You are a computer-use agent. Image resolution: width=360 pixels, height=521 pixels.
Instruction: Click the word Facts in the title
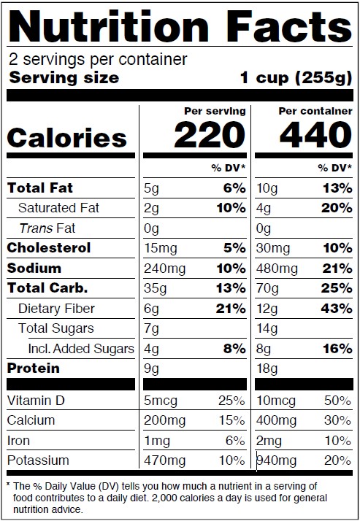point(290,26)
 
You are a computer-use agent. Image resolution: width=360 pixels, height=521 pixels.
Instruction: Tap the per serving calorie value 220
point(210,134)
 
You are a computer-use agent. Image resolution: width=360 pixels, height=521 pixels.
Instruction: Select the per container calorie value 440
point(315,134)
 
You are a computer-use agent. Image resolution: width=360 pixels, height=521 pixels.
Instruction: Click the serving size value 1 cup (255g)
point(296,78)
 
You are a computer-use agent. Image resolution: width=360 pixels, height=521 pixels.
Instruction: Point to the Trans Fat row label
point(47,228)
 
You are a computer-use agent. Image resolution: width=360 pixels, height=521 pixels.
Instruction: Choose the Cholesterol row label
point(48,248)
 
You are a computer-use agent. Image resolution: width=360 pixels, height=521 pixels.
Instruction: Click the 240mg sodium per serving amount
point(164,269)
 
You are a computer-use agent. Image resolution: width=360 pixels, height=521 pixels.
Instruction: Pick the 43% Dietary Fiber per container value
point(337,309)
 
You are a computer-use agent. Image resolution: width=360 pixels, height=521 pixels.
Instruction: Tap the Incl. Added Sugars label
point(81,349)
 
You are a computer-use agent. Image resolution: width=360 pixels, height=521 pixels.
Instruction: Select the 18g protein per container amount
point(267,368)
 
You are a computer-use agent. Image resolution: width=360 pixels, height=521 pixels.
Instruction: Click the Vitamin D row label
point(36,401)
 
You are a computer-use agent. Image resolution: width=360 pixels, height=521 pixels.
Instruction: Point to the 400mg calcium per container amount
point(276,421)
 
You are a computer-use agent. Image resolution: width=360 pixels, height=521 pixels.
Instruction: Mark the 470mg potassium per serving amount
point(164,461)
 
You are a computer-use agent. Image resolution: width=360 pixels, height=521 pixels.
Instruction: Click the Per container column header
point(315,111)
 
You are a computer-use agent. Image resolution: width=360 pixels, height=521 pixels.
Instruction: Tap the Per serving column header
point(215,111)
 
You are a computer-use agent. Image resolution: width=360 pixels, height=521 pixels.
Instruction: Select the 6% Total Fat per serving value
point(234,188)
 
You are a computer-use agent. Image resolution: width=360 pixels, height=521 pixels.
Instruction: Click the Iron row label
point(18,441)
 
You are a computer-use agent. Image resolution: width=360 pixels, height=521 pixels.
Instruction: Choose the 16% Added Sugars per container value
point(337,349)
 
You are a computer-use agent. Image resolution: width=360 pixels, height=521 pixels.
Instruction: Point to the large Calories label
point(66,138)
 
